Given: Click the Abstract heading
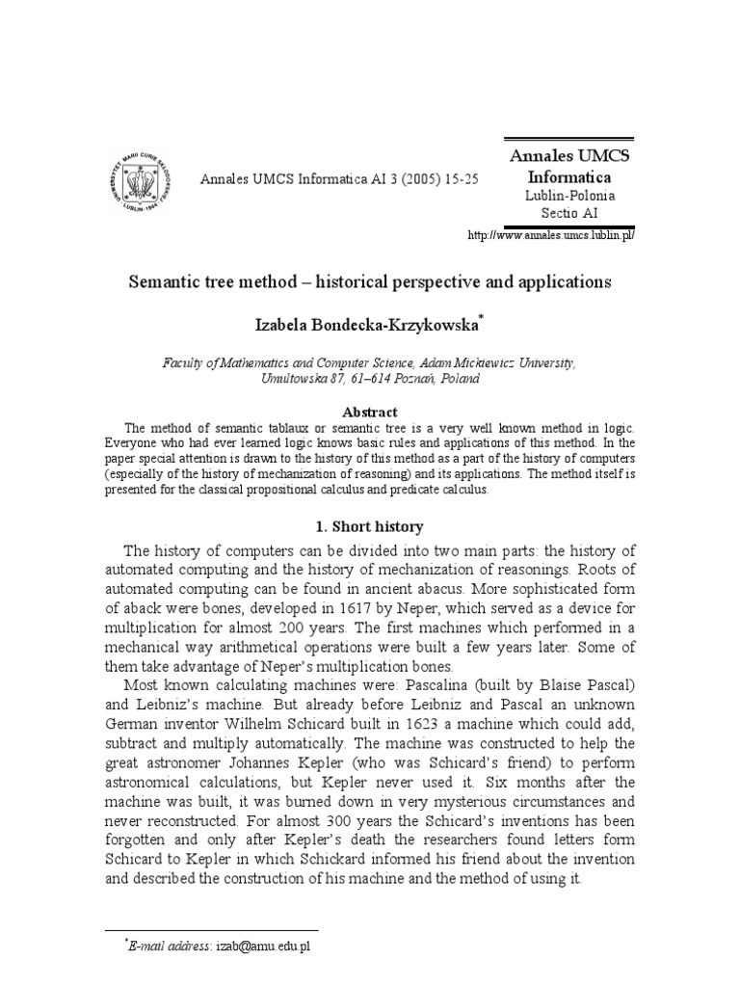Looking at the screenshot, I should point(370,412).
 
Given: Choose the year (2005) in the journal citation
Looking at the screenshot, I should point(409,179).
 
